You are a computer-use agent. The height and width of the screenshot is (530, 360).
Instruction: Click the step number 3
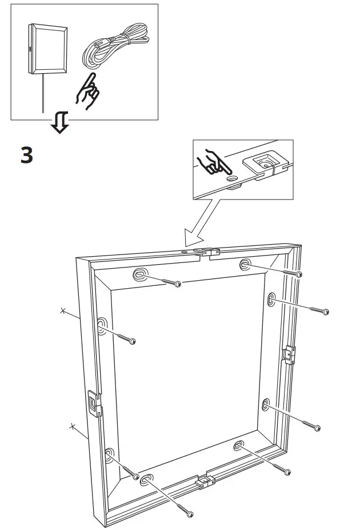pos(27,156)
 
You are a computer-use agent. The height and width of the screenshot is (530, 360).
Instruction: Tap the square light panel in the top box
pos(48,49)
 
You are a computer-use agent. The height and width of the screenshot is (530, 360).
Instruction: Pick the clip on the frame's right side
pos(290,354)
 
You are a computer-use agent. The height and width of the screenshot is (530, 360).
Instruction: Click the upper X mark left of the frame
pos(63,311)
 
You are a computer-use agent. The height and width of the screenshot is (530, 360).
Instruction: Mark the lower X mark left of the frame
pos(72,426)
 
